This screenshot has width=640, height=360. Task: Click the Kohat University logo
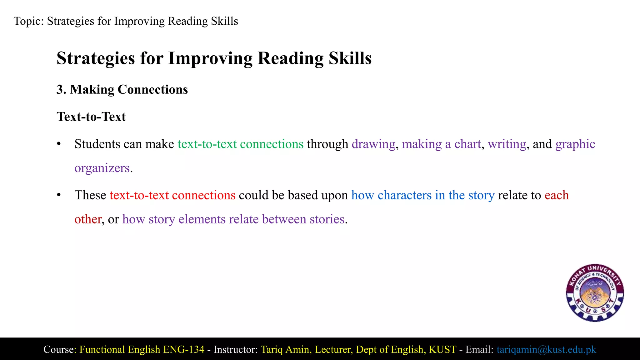click(x=595, y=293)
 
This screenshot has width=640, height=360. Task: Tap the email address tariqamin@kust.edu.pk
click(x=546, y=349)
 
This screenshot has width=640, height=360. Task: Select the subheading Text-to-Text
click(x=91, y=117)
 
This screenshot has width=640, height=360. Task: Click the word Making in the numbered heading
click(x=92, y=90)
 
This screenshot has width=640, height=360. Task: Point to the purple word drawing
click(x=373, y=144)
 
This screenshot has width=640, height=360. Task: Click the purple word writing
click(x=507, y=144)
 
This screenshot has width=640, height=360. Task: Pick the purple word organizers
click(x=102, y=168)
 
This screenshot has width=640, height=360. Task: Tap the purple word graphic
click(x=575, y=144)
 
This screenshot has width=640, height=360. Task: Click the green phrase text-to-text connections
click(x=240, y=144)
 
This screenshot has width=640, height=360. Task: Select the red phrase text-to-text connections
click(x=172, y=195)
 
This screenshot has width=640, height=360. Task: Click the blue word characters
click(x=404, y=195)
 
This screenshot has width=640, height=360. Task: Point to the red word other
click(x=88, y=219)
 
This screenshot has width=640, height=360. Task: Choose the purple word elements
click(x=202, y=219)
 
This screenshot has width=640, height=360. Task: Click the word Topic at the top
click(x=28, y=21)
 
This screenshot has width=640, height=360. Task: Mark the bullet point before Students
click(x=58, y=144)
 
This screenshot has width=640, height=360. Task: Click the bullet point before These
click(x=58, y=195)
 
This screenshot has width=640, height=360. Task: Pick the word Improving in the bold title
click(x=210, y=58)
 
